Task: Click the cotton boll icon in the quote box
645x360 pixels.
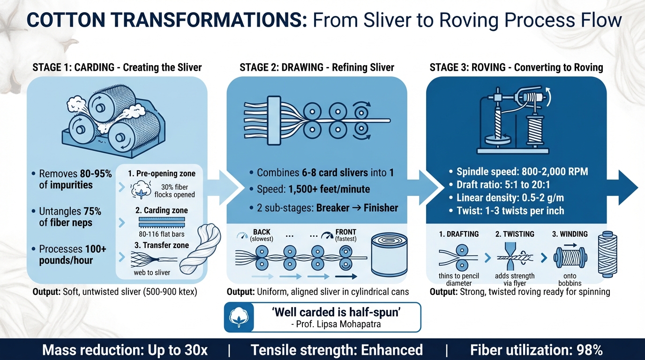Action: pyautogui.click(x=238, y=317)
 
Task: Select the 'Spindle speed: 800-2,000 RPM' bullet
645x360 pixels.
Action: pyautogui.click(x=516, y=172)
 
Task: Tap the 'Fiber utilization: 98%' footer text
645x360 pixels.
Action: pyautogui.click(x=536, y=350)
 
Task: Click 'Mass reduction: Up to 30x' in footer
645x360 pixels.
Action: pyautogui.click(x=125, y=350)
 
